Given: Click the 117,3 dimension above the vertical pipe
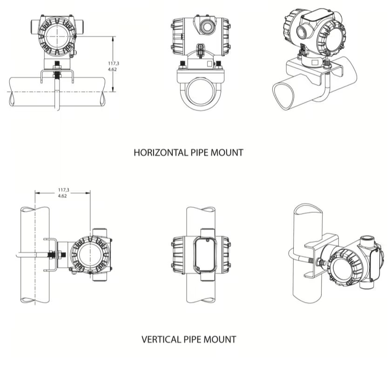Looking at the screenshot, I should coord(64,190).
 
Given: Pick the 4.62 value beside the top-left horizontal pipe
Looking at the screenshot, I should coord(112,69).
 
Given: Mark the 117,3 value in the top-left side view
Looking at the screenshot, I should coord(112,63).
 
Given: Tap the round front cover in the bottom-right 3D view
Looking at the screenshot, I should coord(346,270).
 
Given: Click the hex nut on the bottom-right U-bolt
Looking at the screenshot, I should coord(320,263).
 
